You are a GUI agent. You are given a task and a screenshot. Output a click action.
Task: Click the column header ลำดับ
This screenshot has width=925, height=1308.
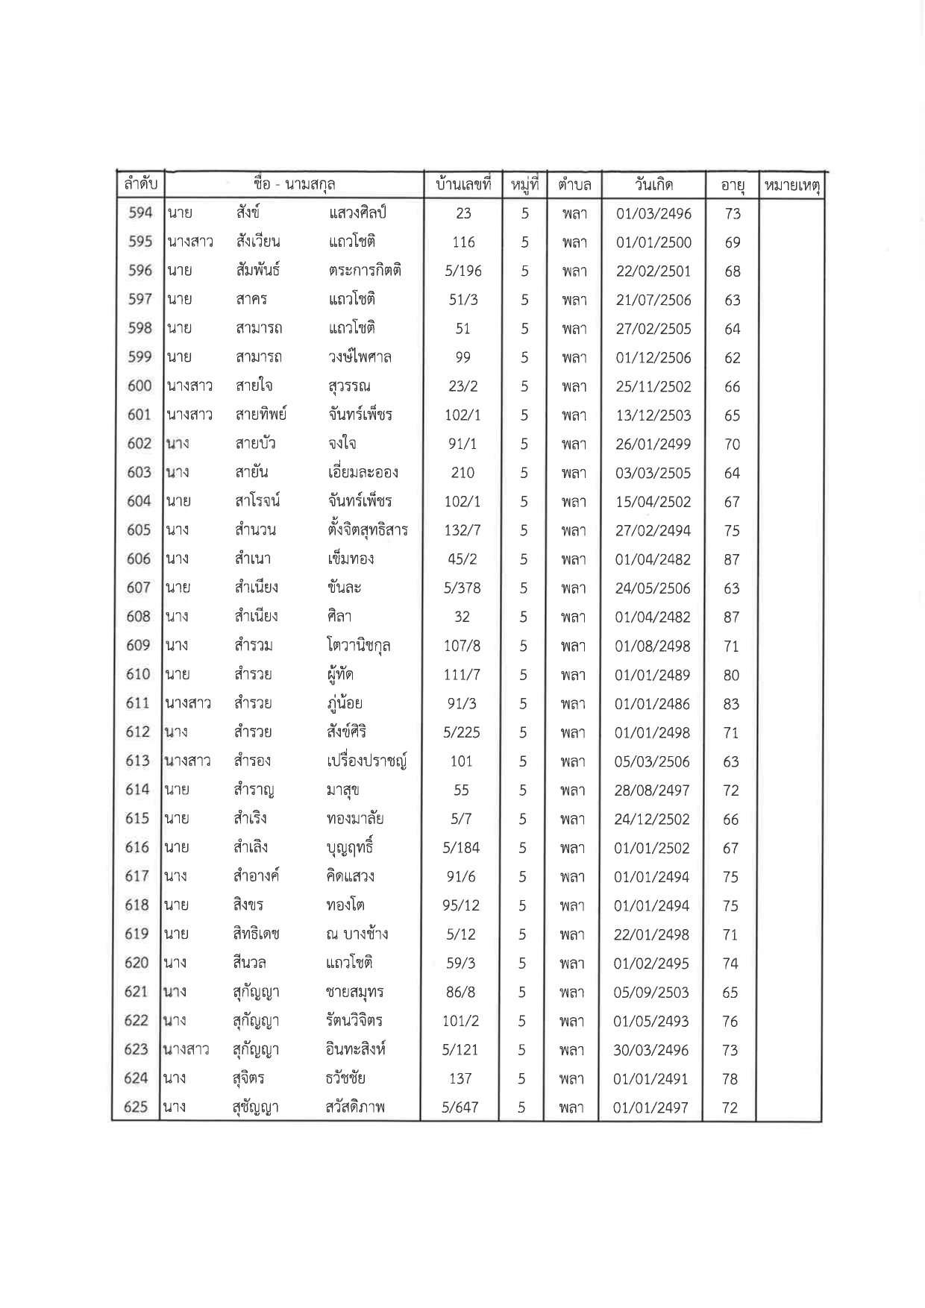click(140, 184)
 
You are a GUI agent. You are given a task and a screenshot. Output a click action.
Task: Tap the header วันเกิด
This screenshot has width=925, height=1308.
click(653, 184)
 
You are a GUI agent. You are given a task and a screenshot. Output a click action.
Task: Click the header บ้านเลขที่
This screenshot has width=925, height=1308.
click(463, 184)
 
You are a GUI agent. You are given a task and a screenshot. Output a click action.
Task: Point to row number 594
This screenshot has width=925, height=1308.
click(140, 213)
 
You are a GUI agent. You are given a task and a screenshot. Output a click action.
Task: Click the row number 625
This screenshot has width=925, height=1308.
click(137, 1107)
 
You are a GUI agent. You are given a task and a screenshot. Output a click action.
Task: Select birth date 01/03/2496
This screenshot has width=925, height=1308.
click(653, 214)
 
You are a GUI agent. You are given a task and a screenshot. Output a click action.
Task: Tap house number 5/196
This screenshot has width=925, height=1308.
click(463, 271)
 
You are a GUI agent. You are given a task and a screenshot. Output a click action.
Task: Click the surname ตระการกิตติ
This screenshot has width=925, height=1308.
click(365, 270)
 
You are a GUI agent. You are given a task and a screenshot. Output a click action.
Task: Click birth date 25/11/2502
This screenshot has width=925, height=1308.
click(653, 387)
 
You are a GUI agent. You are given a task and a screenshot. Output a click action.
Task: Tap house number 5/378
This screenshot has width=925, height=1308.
click(462, 588)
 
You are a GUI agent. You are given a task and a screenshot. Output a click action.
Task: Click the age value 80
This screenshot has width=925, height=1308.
click(731, 676)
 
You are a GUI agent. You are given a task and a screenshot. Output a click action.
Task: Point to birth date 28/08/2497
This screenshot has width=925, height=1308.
click(652, 790)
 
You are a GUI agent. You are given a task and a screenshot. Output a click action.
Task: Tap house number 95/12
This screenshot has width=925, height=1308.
click(461, 906)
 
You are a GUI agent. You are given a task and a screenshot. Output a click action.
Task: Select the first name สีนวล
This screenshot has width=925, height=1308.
click(249, 963)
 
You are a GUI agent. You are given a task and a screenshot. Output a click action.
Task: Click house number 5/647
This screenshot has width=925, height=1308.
click(460, 1108)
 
